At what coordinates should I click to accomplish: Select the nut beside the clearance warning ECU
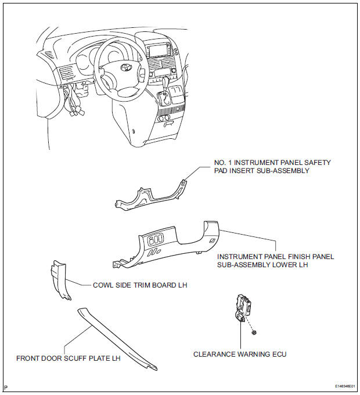(256, 332)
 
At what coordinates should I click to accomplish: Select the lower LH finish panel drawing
(174, 244)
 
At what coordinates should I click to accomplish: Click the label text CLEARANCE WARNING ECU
(240, 354)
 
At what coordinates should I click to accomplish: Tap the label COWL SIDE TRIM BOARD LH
(140, 285)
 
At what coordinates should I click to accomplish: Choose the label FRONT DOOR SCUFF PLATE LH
(68, 358)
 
